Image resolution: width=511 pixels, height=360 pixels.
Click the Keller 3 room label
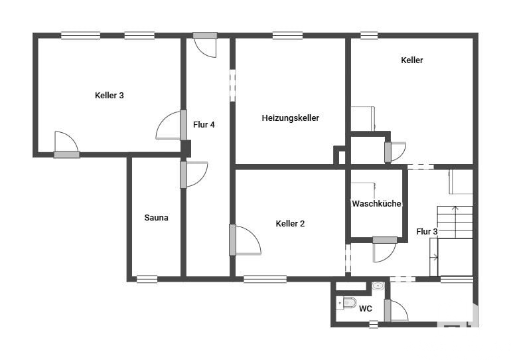[110, 96]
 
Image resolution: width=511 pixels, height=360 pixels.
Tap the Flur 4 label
[204, 125]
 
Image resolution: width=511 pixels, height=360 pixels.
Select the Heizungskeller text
[291, 118]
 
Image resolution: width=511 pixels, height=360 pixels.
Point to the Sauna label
[156, 217]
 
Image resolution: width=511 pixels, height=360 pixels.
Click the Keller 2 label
[290, 224]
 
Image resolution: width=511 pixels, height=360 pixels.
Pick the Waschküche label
[376, 204]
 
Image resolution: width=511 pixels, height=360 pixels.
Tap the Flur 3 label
[427, 232]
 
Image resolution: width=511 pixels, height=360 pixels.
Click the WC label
[365, 308]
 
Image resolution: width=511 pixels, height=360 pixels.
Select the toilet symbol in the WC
[346, 304]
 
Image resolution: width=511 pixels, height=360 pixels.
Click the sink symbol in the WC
[378, 286]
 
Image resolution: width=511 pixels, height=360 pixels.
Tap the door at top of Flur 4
[205, 45]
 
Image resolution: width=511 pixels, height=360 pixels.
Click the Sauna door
[194, 175]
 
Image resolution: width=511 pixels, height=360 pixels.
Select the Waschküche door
[385, 250]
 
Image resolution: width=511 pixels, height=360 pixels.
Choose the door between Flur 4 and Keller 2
[245, 240]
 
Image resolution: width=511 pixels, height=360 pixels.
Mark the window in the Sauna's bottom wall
[147, 279]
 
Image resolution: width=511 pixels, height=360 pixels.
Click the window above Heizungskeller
[287, 36]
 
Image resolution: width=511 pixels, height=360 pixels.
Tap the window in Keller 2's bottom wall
[265, 279]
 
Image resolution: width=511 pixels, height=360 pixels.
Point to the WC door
[396, 310]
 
